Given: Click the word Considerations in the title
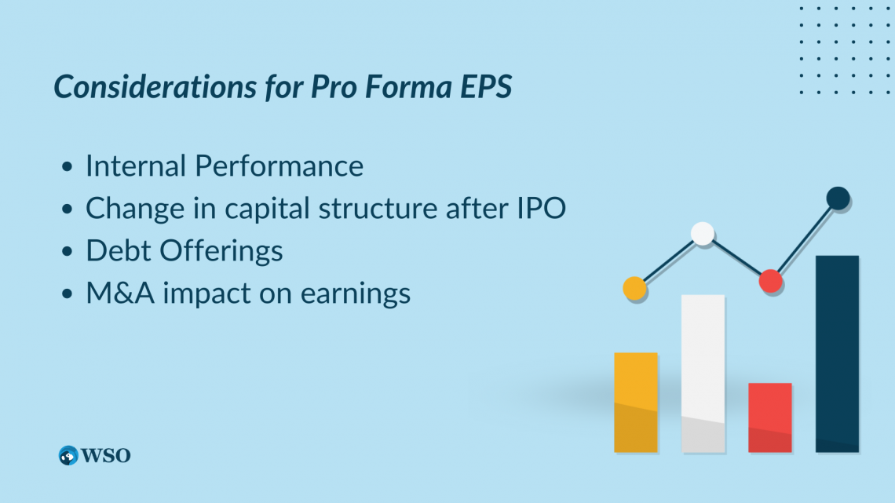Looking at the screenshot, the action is coord(155,86).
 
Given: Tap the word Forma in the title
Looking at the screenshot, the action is coord(408,86).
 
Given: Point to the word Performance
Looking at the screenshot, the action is coord(279,166).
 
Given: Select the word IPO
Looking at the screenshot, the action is coord(541,208).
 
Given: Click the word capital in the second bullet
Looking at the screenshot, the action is coord(267,210).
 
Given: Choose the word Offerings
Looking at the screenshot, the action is coord(221,251).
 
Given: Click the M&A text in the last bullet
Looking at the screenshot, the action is coord(120,293).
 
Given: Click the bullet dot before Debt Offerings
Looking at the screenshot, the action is coord(68,251).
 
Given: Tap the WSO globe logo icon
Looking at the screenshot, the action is coord(68,456).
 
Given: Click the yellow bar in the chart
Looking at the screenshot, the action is coord(636,403).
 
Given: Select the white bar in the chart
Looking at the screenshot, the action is coord(703,374).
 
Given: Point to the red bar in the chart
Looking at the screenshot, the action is coord(770,417).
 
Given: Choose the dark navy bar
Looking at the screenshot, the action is coord(838,354).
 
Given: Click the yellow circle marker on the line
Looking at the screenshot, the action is coord(634,289).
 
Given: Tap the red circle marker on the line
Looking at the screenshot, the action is coord(771,281).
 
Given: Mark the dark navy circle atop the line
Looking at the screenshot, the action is coord(838,199).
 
